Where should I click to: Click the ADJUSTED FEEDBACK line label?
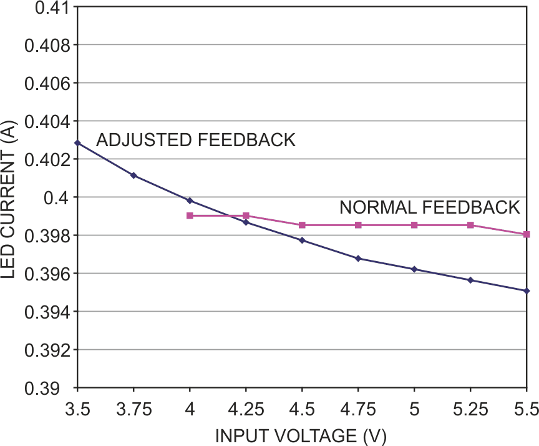[x=195, y=140]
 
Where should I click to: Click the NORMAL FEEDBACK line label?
[x=429, y=207]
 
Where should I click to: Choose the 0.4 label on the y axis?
[x=55, y=197]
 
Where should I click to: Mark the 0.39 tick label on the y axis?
[x=47, y=388]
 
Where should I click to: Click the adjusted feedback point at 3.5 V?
[x=77, y=143]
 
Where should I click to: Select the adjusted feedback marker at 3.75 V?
[x=134, y=176]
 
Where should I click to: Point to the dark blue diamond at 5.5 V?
[x=527, y=290]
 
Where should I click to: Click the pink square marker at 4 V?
[x=190, y=216]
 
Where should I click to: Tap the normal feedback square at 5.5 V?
[x=527, y=234]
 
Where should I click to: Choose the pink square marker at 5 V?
[x=414, y=225]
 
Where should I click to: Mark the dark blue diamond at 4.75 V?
[x=358, y=258]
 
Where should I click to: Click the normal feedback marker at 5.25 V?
[x=470, y=225]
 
